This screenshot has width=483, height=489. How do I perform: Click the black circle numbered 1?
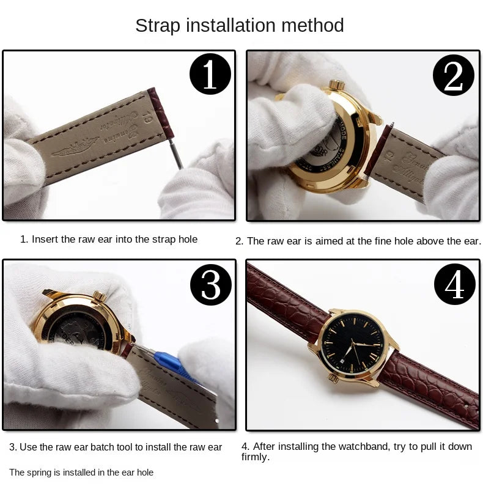(210, 75)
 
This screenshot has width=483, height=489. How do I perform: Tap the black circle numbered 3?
(210, 284)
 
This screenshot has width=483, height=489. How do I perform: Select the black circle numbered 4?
(454, 284)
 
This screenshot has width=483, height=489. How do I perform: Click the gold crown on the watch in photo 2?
(337, 85)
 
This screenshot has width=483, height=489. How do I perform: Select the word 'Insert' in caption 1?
(45, 240)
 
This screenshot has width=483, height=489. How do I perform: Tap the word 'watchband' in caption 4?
(359, 446)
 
